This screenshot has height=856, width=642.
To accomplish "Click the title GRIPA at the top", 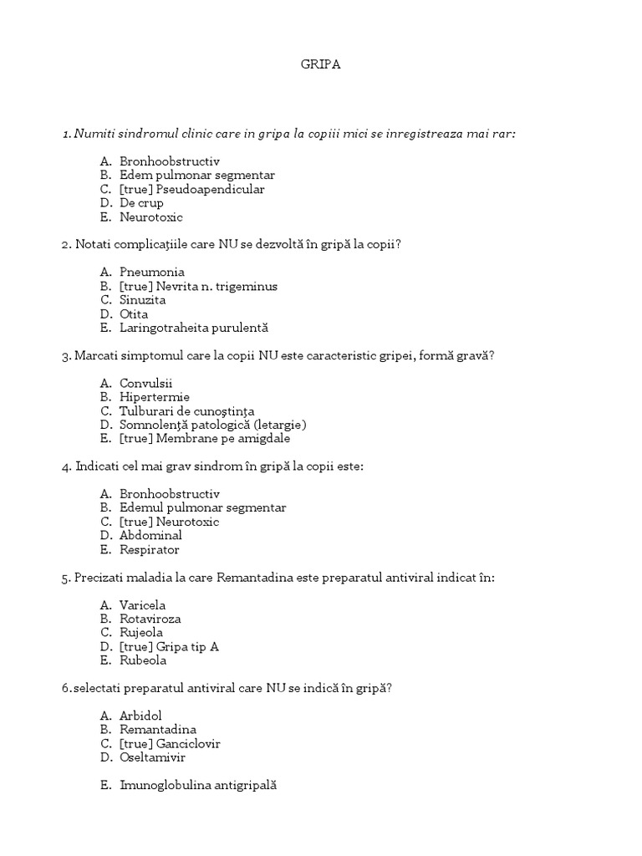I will (321, 64).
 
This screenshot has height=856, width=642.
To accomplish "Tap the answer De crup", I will (141, 203).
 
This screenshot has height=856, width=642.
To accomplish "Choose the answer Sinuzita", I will (143, 300).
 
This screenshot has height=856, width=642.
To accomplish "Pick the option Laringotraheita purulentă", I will (194, 329).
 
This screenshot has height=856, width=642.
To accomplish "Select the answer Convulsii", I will (145, 383).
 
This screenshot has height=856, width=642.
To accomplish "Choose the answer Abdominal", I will (150, 535).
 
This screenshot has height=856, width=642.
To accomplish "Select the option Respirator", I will (150, 550).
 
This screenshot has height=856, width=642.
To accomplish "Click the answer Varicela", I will (143, 604).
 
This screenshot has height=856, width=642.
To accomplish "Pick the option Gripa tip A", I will (188, 646).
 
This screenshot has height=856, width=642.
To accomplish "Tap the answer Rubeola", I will (143, 660).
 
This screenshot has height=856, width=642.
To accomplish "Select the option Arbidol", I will (140, 716).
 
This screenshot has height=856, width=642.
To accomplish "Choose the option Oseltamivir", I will (152, 757).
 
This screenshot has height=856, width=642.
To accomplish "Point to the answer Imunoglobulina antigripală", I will (197, 786).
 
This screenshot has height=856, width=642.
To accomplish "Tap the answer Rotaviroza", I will (150, 619).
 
